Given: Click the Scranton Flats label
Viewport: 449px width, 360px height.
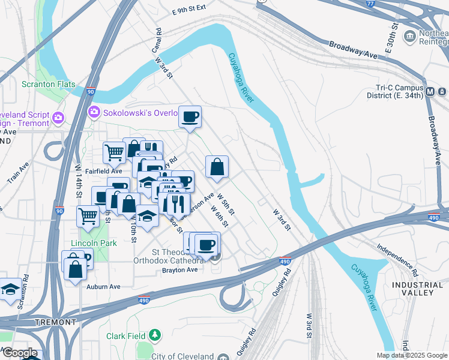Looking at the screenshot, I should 49,84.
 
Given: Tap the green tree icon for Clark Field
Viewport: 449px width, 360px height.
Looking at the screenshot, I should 155,334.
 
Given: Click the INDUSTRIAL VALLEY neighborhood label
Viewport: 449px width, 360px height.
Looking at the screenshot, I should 412,288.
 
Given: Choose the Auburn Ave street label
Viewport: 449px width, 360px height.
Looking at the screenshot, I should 103,287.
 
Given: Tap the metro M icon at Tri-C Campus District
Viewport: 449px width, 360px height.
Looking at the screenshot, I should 430,92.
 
